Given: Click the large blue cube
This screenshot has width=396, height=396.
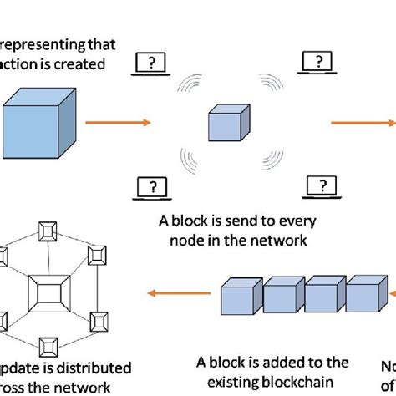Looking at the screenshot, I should pos(42,123).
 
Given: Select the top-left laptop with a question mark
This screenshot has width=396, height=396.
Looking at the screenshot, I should pos(151,63).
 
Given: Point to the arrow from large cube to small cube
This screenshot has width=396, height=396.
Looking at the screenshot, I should pos(124,124).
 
